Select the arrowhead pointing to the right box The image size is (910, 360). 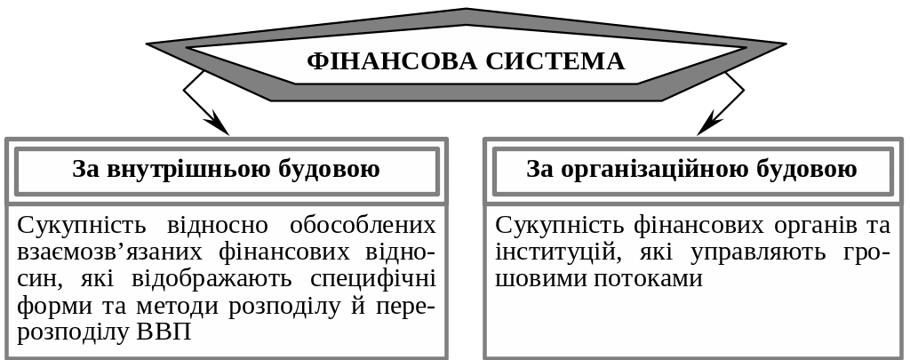pyautogui.click(x=708, y=126)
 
